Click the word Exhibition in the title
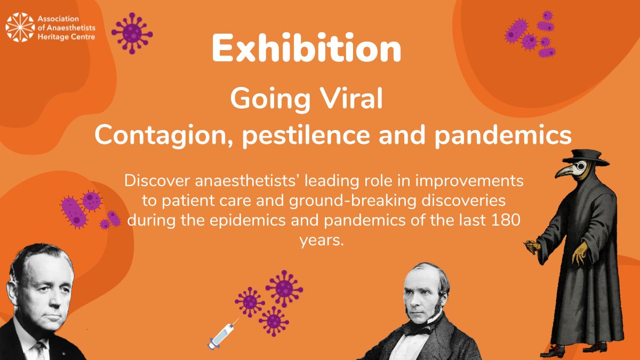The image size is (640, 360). [306, 50]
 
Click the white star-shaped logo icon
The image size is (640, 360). [19, 27]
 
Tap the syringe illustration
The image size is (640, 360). [223, 333]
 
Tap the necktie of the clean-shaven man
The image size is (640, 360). [40, 349]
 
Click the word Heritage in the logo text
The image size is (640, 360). [52, 37]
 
